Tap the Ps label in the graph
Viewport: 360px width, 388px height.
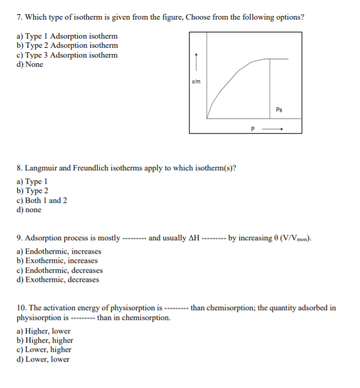pos(279,110)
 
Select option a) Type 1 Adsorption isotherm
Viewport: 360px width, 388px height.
pos(67,36)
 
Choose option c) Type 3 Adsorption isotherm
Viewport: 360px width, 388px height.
pos(67,55)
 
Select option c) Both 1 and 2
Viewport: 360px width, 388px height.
pos(42,200)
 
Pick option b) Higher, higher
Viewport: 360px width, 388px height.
pos(45,340)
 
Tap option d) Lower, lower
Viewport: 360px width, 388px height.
pos(44,359)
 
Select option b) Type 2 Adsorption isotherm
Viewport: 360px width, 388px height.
pos(67,45)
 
